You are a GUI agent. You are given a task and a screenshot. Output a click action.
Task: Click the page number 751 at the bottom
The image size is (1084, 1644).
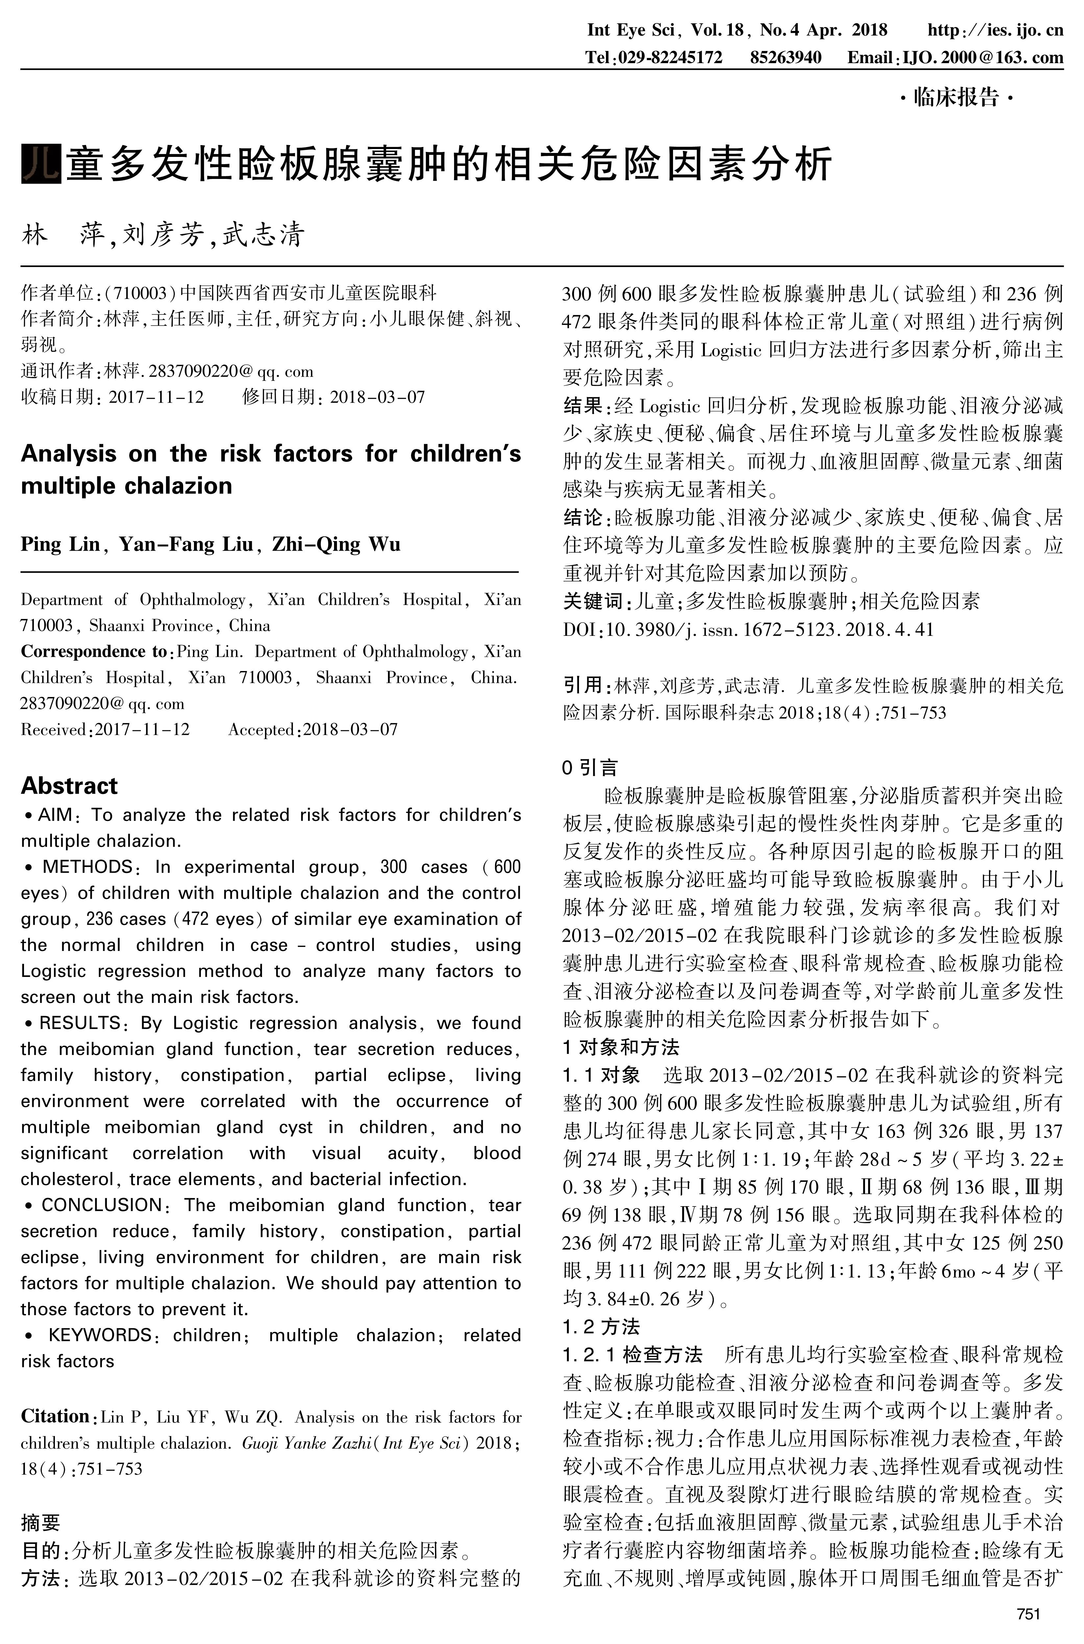click(1029, 1614)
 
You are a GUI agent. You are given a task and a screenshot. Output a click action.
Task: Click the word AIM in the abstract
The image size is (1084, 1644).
click(55, 815)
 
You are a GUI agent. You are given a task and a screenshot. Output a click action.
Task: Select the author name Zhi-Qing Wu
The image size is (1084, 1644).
click(336, 544)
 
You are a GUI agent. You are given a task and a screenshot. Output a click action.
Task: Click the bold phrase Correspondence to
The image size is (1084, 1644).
click(93, 652)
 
